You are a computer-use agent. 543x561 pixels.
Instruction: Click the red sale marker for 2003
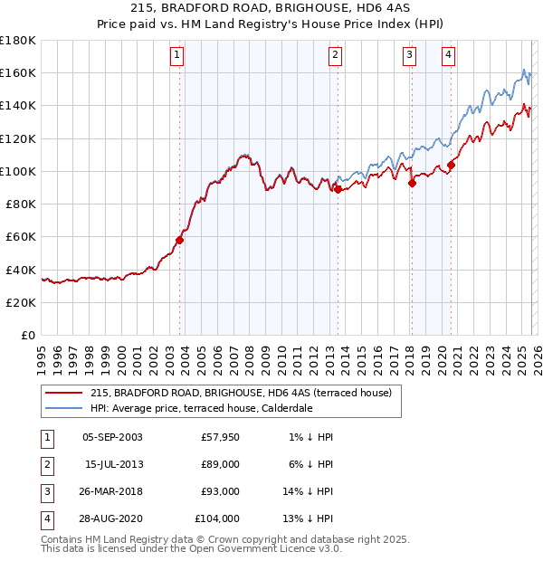click(180, 240)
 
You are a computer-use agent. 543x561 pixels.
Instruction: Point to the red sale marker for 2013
click(338, 189)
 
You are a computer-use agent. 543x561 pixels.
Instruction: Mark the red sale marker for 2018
click(412, 183)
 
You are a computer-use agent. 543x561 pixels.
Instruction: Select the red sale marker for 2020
click(451, 165)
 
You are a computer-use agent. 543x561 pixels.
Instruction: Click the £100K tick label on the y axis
click(18, 171)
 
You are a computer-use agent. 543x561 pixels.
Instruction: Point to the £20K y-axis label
click(21, 302)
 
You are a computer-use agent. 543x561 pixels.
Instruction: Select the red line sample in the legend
click(64, 394)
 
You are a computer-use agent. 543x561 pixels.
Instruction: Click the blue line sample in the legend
click(64, 408)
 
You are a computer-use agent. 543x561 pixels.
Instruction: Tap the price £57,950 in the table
click(220, 437)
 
